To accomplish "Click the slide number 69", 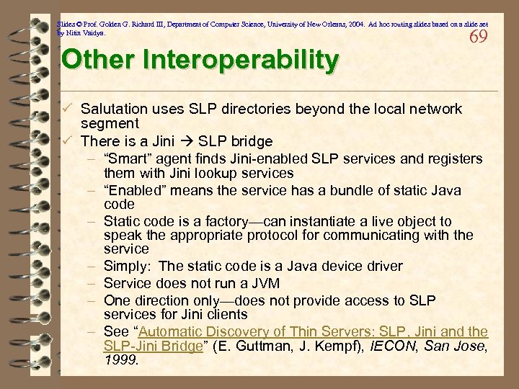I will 478,37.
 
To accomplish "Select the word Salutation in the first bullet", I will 115,109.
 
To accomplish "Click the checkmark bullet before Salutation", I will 67,108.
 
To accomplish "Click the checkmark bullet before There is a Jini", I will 67,140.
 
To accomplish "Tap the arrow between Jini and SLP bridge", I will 187,141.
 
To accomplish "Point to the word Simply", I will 126,267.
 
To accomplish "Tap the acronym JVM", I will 266,283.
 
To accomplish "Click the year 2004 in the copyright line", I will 343,23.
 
